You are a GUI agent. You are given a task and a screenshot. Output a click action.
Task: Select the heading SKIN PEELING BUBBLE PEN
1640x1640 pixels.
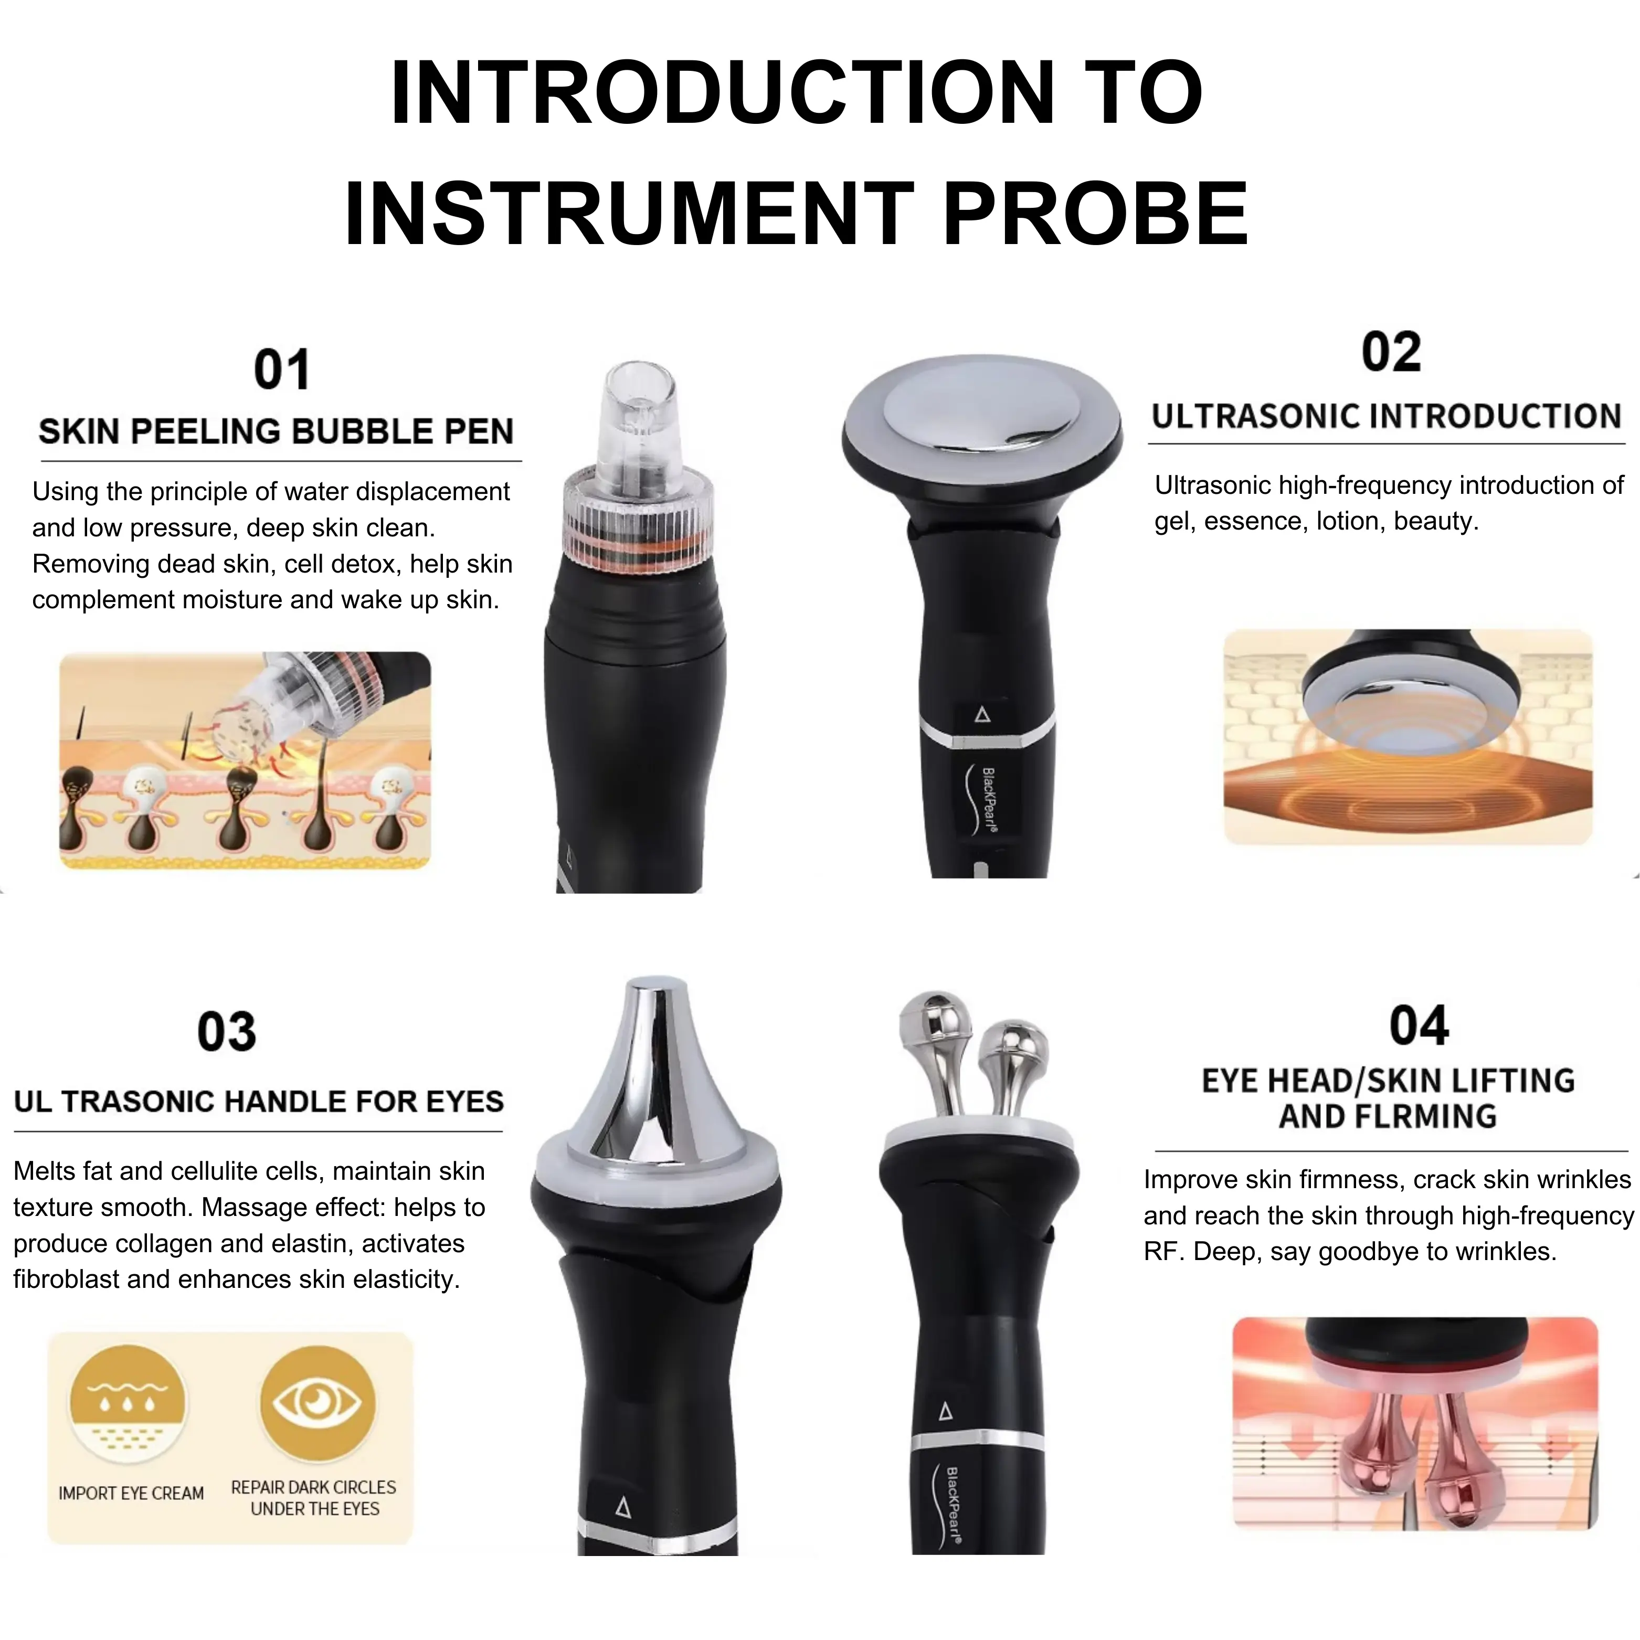point(276,431)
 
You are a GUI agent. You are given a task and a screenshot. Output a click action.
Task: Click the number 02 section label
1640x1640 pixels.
point(1390,352)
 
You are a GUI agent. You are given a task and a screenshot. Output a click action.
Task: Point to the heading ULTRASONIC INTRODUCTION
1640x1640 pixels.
point(1386,417)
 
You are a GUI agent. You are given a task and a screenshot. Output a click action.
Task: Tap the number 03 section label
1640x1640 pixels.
point(227,1032)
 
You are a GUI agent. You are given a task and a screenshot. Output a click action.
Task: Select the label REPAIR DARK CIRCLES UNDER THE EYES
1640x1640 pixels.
point(314,1498)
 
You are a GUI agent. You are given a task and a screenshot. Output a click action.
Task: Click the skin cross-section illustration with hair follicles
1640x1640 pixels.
point(245,760)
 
